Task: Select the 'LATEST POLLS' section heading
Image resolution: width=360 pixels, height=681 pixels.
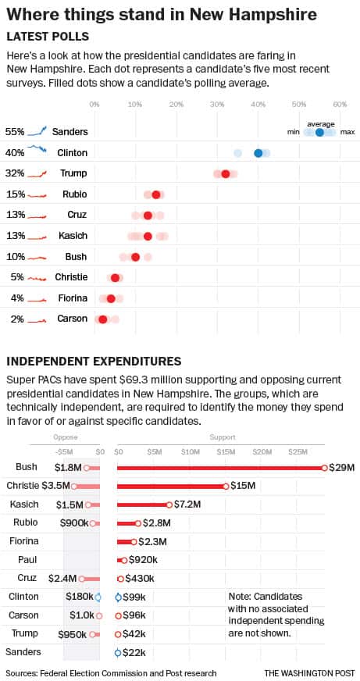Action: pos(48,37)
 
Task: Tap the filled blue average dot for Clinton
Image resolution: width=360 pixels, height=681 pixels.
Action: pos(258,153)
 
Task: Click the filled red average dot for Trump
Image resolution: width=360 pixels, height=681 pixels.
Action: pos(226,174)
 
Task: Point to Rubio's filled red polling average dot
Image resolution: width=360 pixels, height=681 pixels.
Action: pos(156,194)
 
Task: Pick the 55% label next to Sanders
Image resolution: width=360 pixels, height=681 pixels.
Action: pos(14,132)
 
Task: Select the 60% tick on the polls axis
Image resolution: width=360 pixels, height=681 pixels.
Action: pos(340,104)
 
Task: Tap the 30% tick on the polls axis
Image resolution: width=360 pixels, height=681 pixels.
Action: pos(217,104)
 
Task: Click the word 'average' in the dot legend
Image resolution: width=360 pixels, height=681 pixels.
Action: pos(320,123)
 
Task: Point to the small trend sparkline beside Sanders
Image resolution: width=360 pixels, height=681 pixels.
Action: pos(38,131)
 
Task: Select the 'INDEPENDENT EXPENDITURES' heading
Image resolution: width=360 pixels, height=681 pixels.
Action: pos(94,361)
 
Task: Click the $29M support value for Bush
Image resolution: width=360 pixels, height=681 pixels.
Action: pos(341,468)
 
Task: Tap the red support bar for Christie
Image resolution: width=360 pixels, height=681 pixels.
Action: pos(171,486)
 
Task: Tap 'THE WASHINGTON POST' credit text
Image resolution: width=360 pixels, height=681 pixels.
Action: pos(308,672)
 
